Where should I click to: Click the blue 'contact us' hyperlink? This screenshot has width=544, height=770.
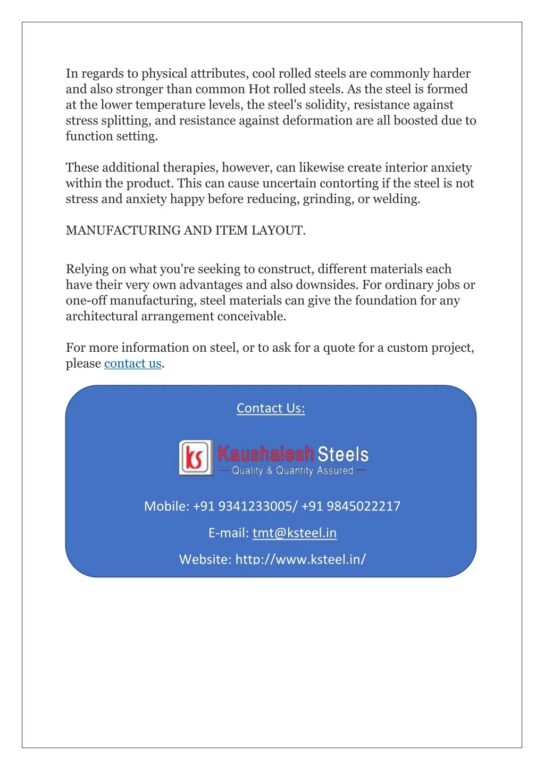(132, 363)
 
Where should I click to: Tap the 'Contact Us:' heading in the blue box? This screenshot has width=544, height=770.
(271, 408)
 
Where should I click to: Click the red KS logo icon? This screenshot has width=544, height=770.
(195, 457)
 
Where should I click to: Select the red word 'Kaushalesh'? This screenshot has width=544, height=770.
(265, 454)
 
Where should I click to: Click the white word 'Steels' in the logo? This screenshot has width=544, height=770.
(343, 454)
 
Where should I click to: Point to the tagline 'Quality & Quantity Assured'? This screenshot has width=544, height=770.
(292, 470)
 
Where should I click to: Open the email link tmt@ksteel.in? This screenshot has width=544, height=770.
(294, 533)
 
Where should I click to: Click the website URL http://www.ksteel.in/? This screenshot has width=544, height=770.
(300, 559)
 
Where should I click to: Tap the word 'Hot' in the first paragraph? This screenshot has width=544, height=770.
(259, 89)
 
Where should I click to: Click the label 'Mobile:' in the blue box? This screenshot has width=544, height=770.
(166, 506)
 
